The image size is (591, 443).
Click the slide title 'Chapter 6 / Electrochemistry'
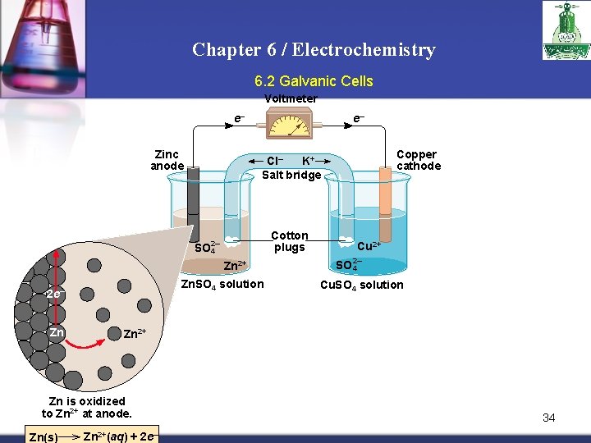[314, 50]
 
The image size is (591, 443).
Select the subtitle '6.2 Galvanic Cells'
[314, 81]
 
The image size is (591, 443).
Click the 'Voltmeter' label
[291, 99]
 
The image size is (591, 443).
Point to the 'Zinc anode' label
[167, 160]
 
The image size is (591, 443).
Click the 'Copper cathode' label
[418, 160]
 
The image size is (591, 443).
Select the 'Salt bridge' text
[291, 175]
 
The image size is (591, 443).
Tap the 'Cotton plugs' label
[290, 241]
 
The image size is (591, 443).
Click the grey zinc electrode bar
[194, 201]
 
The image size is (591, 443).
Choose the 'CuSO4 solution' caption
[361, 285]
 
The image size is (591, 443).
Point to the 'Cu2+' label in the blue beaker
[369, 245]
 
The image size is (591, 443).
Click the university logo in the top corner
[566, 30]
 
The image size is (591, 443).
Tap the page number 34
[548, 418]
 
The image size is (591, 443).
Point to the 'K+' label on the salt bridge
[309, 160]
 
